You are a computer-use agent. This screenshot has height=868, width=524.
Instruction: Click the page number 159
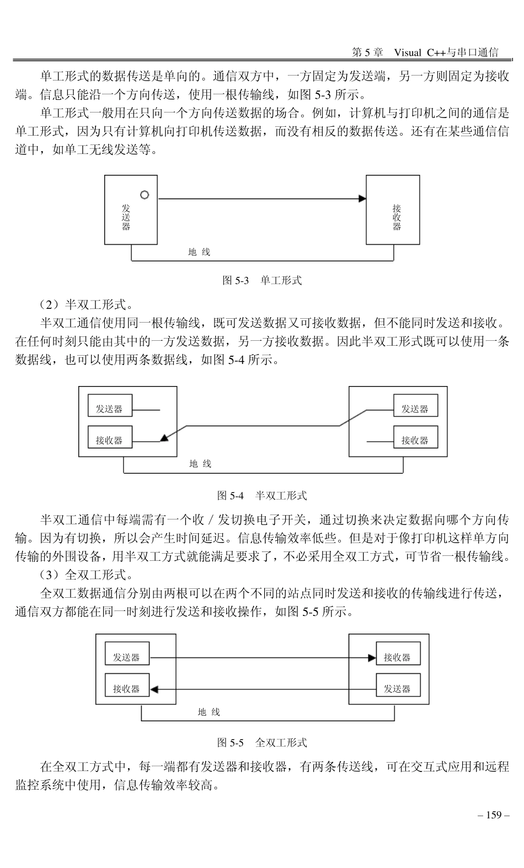(x=493, y=815)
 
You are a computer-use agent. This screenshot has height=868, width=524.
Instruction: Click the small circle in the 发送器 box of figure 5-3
(x=145, y=195)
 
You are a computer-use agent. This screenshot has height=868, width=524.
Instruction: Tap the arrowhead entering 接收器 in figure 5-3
(x=362, y=199)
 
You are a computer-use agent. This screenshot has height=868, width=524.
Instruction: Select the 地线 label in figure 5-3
(x=199, y=252)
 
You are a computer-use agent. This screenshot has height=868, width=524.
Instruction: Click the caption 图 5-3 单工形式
(x=262, y=280)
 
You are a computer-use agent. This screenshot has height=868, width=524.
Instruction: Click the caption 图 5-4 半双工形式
(x=262, y=495)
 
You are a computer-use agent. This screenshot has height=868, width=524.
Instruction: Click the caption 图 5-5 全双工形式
(x=262, y=742)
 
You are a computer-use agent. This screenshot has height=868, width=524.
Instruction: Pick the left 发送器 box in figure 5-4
(x=110, y=409)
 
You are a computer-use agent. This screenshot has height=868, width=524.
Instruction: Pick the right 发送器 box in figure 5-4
(x=415, y=409)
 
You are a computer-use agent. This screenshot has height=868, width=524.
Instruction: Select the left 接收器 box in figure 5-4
(x=110, y=440)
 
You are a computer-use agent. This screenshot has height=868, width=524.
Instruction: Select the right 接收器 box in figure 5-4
(x=415, y=440)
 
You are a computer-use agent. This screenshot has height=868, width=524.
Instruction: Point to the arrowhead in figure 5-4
(x=164, y=438)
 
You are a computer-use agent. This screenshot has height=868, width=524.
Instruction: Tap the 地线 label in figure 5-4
(x=200, y=464)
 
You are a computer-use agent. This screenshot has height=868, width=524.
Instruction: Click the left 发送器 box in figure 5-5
(x=127, y=657)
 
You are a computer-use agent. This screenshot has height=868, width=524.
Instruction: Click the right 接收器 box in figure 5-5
(x=398, y=657)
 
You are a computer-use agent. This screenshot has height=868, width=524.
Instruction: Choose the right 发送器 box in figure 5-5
(x=398, y=688)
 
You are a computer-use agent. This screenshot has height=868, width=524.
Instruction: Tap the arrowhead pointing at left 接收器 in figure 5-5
(x=154, y=689)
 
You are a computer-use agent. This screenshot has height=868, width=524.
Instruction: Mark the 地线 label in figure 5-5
(x=209, y=712)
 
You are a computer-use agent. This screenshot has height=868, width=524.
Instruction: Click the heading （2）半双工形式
(x=85, y=304)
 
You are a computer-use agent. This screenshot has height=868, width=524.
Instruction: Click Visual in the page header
(x=407, y=52)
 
